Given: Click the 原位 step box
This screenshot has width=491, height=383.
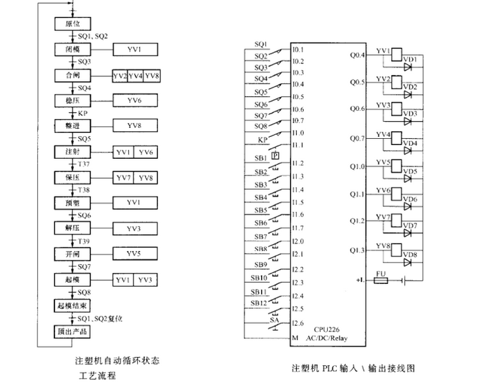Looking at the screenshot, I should pyautogui.click(x=72, y=24).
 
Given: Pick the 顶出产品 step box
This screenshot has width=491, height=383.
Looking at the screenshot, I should pyautogui.click(x=72, y=333).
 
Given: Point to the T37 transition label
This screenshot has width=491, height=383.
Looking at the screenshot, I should pyautogui.click(x=84, y=164).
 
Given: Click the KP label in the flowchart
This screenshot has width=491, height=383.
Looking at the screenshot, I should pyautogui.click(x=83, y=113).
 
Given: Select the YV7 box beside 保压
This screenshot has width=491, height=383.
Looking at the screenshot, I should pyautogui.click(x=123, y=178).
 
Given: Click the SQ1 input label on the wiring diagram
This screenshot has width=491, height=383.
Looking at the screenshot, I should pyautogui.click(x=260, y=44).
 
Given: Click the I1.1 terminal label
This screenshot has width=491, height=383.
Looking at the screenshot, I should pyautogui.click(x=298, y=145).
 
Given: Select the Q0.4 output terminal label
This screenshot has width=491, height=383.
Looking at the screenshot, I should pyautogui.click(x=357, y=56).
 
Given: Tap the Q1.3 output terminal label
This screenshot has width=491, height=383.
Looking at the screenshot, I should pyautogui.click(x=357, y=251).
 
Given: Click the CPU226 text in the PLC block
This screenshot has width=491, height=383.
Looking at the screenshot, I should pyautogui.click(x=326, y=330).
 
